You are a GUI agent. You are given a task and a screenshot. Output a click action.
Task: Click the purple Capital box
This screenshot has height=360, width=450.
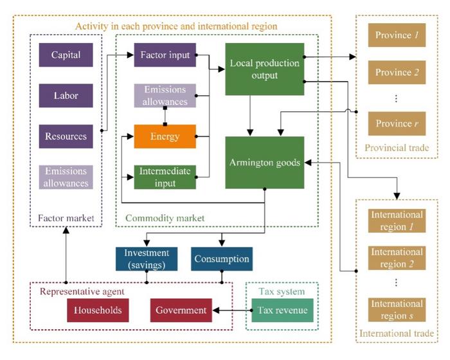click(x=66, y=55)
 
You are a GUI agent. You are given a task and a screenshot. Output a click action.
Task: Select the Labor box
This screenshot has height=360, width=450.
click(x=66, y=95)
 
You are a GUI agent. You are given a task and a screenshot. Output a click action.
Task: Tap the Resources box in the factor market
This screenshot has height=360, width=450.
click(x=66, y=136)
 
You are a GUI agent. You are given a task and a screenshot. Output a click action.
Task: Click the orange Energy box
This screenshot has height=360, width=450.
click(x=165, y=136)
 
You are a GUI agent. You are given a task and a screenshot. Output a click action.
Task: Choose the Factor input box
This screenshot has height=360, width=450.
click(x=165, y=55)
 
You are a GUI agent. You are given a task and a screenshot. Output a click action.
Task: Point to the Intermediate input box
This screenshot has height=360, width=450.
click(x=165, y=177)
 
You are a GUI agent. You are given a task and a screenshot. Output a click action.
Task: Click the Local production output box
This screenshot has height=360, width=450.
click(x=264, y=69)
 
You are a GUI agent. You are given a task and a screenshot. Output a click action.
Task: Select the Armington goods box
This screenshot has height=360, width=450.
click(x=264, y=162)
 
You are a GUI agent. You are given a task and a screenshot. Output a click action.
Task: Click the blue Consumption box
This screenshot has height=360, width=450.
click(x=221, y=259)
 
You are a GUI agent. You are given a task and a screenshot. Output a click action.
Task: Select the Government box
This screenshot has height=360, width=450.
click(x=182, y=310)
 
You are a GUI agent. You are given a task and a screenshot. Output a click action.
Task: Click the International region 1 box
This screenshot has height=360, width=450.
click(x=397, y=221)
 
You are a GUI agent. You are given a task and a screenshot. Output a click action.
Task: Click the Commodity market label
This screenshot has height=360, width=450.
click(x=164, y=219)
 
